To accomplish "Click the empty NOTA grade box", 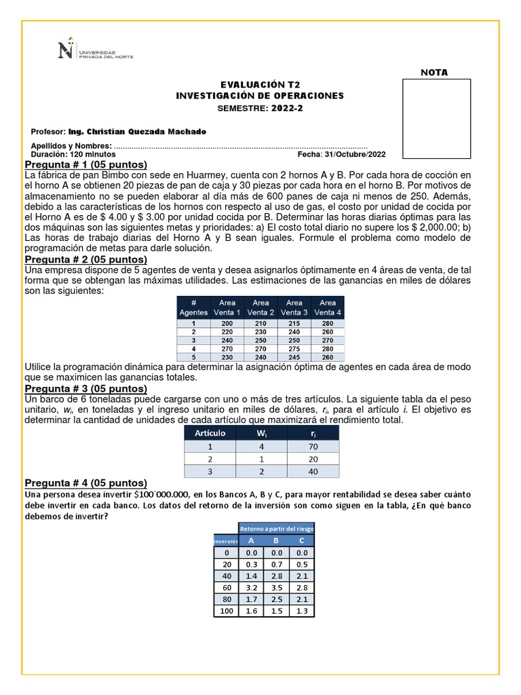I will (x=436, y=119).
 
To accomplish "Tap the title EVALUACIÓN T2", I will (x=260, y=84).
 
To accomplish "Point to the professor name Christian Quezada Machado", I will (x=147, y=132).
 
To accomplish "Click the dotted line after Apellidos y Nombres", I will (x=241, y=146).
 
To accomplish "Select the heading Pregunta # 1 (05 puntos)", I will (x=85, y=165).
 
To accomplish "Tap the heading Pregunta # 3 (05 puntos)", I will (x=85, y=388).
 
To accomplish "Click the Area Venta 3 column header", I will (x=294, y=307).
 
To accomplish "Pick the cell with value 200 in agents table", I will (x=227, y=324).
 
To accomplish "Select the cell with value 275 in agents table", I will (x=294, y=349).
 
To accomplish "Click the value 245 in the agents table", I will (x=294, y=357).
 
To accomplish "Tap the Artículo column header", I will (x=210, y=433).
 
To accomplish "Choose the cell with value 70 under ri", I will (x=313, y=447).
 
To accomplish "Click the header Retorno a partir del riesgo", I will (x=276, y=528).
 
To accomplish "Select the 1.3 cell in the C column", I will (x=301, y=612).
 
